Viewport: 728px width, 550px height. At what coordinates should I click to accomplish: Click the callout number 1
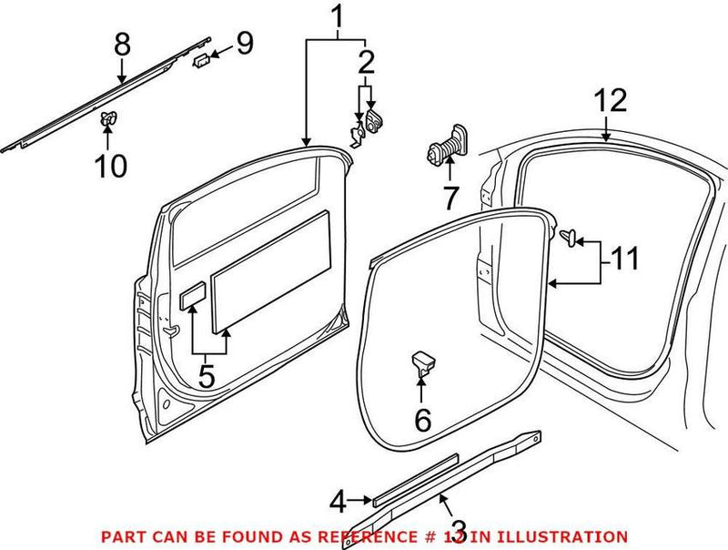337,16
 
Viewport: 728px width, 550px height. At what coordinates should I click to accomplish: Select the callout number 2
366,63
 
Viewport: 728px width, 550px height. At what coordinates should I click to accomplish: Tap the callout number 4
338,500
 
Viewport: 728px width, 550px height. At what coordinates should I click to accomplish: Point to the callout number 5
207,375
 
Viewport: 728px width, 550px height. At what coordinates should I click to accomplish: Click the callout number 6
422,421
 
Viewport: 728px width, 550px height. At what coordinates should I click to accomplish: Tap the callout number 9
245,43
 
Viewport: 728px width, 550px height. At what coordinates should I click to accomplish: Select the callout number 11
623,260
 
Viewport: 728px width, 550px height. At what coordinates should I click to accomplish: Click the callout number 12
611,100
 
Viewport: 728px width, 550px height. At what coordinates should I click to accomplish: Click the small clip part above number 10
108,117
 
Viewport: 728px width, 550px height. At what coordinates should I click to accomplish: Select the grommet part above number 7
446,146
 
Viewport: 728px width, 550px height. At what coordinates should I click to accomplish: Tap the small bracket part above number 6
422,362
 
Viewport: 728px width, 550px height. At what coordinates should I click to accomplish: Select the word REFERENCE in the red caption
350,536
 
